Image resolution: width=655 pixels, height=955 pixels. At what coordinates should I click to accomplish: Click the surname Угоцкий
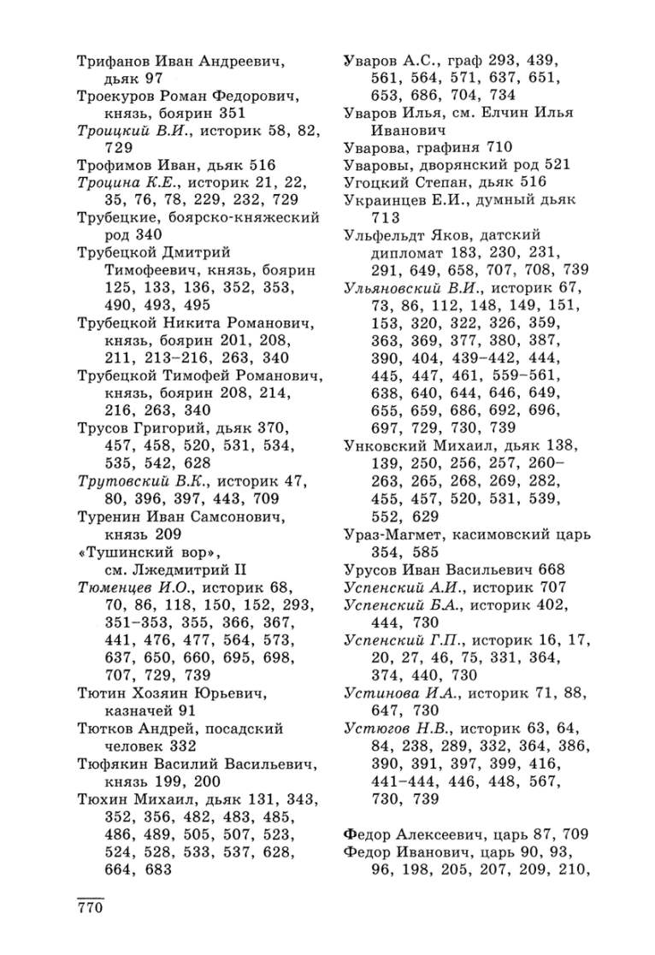coord(373,180)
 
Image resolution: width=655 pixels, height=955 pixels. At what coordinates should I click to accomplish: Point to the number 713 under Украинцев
coord(386,216)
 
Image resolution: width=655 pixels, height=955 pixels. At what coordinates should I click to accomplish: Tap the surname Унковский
coord(381,445)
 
